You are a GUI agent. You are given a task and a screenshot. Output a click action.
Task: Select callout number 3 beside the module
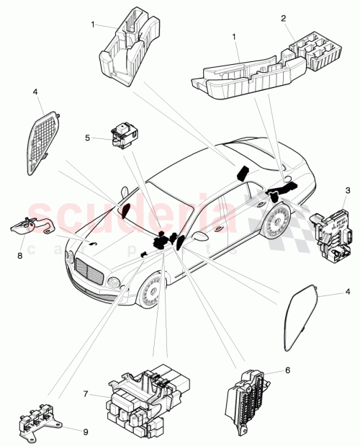(x=348, y=189)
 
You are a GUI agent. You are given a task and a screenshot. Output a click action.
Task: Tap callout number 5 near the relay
(x=87, y=136)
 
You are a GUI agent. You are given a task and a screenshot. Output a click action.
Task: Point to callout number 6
(x=288, y=370)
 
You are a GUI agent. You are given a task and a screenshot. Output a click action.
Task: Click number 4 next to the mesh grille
(x=35, y=92)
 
